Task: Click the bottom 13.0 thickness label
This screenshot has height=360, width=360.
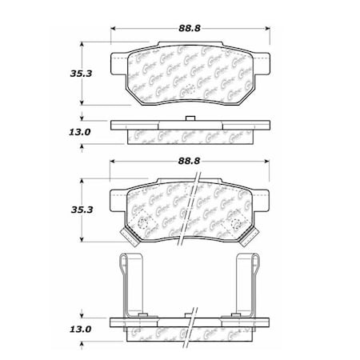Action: [54, 328]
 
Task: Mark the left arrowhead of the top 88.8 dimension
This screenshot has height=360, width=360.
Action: [113, 29]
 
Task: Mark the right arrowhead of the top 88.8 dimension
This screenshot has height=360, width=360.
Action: [267, 29]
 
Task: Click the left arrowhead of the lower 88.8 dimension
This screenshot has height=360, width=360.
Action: [113, 162]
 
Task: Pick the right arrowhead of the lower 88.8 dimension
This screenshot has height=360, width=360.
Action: [267, 162]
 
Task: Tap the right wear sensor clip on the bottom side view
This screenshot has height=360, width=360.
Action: [250, 284]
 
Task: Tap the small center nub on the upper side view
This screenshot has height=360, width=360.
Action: [190, 121]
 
